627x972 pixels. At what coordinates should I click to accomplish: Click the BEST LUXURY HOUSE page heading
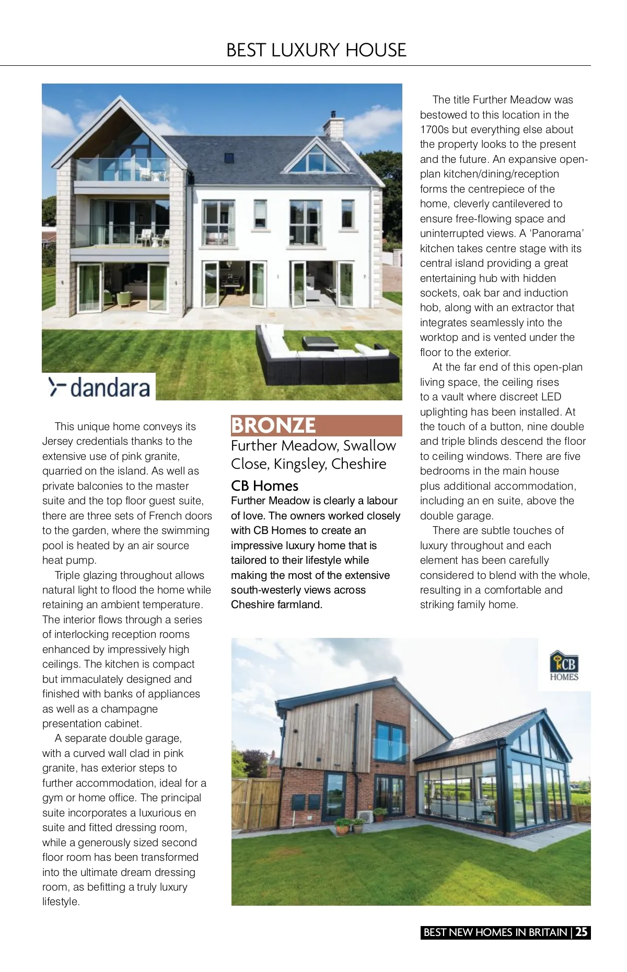[316, 50]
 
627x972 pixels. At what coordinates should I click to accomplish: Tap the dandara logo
[99, 387]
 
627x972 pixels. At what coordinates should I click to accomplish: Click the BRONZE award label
[274, 425]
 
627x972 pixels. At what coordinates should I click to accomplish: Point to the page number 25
[582, 932]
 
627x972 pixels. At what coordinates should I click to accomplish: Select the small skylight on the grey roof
[229, 158]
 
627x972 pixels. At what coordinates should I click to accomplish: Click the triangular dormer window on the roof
[317, 158]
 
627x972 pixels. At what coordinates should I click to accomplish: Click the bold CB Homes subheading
[264, 486]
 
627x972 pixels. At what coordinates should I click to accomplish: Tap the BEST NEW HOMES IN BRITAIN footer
[495, 932]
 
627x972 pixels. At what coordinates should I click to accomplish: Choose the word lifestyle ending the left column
[61, 902]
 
